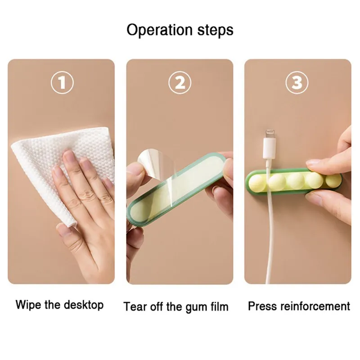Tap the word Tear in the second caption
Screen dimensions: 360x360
coord(135,306)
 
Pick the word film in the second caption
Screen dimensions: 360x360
coord(218,306)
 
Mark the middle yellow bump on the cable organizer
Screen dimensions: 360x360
coord(297,181)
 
